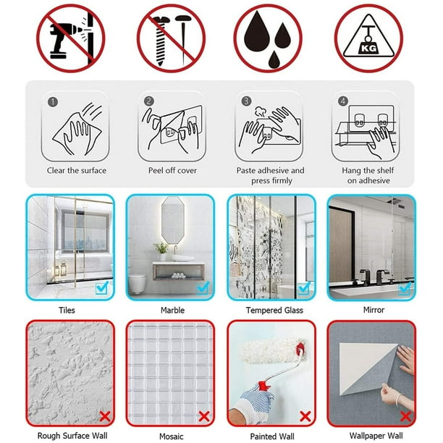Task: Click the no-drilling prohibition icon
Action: [71, 38]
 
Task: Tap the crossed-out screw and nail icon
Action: [171, 38]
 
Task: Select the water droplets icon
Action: [268, 38]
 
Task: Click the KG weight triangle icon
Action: [368, 38]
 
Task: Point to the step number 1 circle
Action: [53, 102]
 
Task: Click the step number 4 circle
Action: [343, 101]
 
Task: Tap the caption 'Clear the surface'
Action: [77, 170]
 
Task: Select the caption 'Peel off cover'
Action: [172, 170]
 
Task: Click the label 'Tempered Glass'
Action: [274, 311]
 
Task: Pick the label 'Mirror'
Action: [374, 310]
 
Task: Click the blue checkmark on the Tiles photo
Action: [102, 287]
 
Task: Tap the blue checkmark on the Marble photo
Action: [203, 287]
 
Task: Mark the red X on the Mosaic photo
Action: [204, 416]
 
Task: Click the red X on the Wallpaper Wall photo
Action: [405, 416]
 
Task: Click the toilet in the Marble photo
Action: [137, 283]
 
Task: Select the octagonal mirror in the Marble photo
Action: [172, 220]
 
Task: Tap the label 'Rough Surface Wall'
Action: [72, 435]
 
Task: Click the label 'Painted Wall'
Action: [272, 436]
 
